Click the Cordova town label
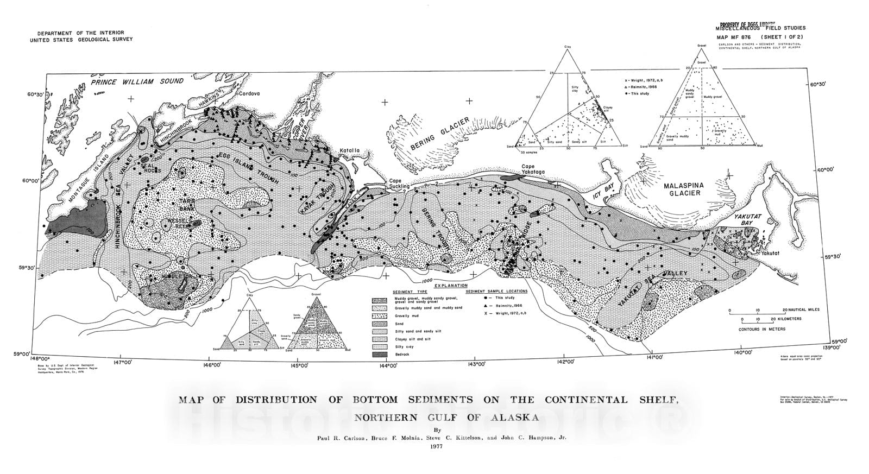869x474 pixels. (x=249, y=93)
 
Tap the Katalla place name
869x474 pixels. (x=351, y=150)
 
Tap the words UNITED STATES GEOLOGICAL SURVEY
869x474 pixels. (x=81, y=39)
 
